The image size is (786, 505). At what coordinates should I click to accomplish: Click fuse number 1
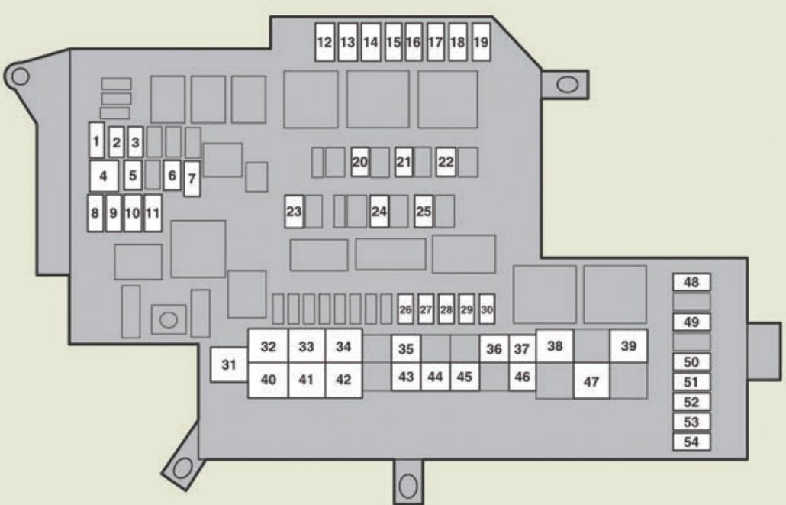(96, 141)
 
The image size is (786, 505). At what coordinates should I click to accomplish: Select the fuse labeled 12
(325, 43)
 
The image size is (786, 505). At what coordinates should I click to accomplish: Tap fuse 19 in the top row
(481, 43)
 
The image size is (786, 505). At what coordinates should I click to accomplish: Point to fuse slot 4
(103, 176)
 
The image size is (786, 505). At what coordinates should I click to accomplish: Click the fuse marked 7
(192, 179)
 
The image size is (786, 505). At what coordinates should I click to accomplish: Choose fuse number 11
(153, 213)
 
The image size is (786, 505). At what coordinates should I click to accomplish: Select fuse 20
(360, 162)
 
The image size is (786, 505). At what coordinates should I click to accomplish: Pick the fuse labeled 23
(295, 212)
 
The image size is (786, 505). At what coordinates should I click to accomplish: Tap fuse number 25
(424, 212)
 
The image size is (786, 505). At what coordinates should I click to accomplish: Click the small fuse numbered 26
(405, 309)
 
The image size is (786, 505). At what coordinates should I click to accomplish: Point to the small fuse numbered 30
(487, 309)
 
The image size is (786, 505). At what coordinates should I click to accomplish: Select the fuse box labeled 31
(229, 364)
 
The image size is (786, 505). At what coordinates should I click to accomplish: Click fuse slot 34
(343, 347)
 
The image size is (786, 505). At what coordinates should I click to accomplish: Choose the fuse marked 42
(343, 380)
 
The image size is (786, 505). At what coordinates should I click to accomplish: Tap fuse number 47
(591, 382)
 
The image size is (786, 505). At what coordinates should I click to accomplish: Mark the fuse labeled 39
(628, 346)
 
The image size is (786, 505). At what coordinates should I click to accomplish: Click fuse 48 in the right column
(691, 283)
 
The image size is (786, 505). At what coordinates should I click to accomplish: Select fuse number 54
(691, 442)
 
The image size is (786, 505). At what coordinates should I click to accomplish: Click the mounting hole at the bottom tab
(408, 483)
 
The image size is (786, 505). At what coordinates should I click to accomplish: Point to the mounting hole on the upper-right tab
(567, 83)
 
